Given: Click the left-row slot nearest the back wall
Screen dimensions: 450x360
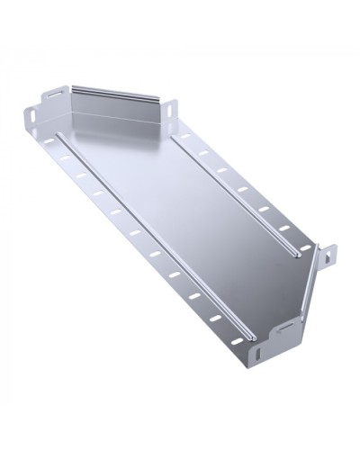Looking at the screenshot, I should pos(47,141).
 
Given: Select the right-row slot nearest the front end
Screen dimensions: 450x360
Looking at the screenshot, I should pos(303,247).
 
